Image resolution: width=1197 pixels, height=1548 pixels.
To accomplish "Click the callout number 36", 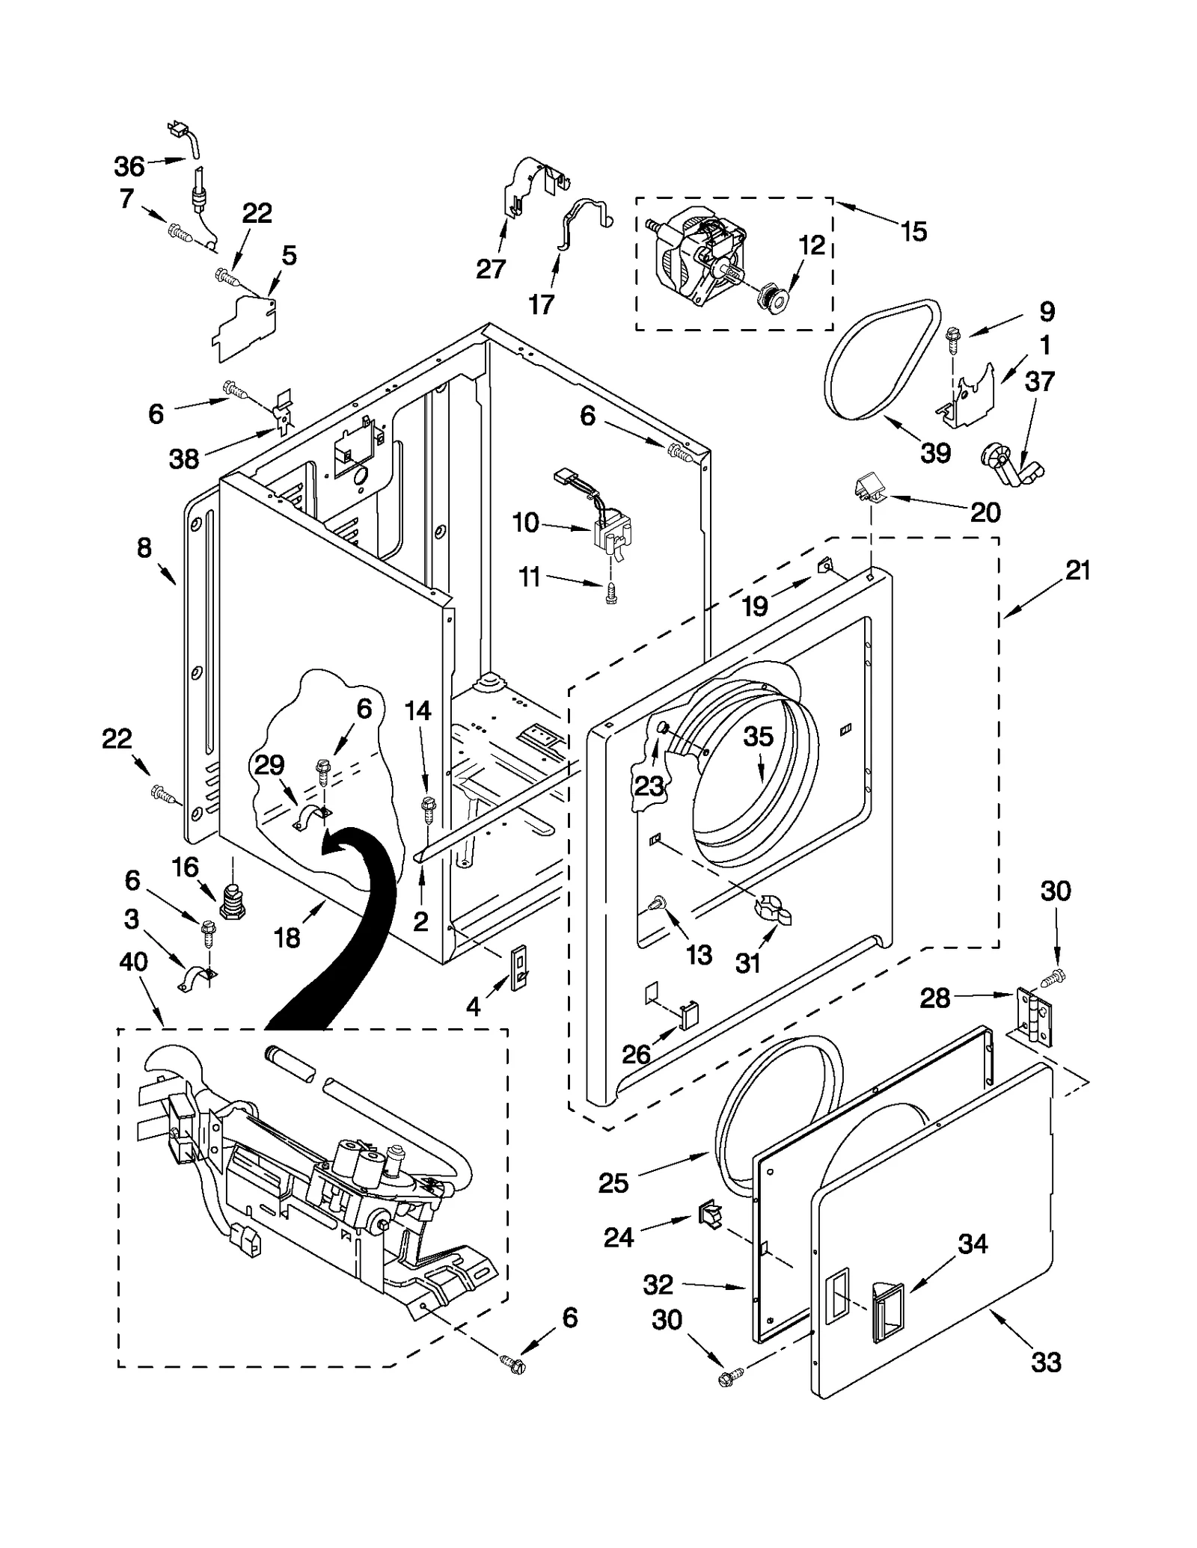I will (x=129, y=166).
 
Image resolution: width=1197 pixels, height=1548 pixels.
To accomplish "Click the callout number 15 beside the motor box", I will (x=913, y=231).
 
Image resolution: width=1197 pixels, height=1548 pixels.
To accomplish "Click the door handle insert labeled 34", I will (x=886, y=1310).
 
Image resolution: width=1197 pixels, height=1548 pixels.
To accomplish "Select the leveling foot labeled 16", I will (x=233, y=900).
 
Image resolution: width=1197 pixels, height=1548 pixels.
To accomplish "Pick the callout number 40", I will (x=133, y=961).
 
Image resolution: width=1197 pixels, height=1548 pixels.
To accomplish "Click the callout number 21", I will (x=1077, y=571).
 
